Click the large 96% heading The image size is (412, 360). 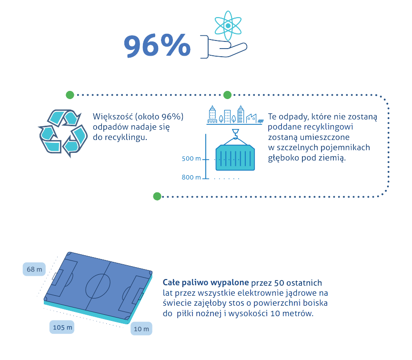coord(158,46)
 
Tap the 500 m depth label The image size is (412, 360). coord(191,159)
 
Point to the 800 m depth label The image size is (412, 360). coord(191,178)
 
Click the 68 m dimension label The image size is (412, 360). coord(34,270)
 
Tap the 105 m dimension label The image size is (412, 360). coord(62,327)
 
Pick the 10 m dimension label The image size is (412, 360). coord(141,329)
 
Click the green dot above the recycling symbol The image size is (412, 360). coord(70,94)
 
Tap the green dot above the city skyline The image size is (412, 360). coord(227,94)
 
